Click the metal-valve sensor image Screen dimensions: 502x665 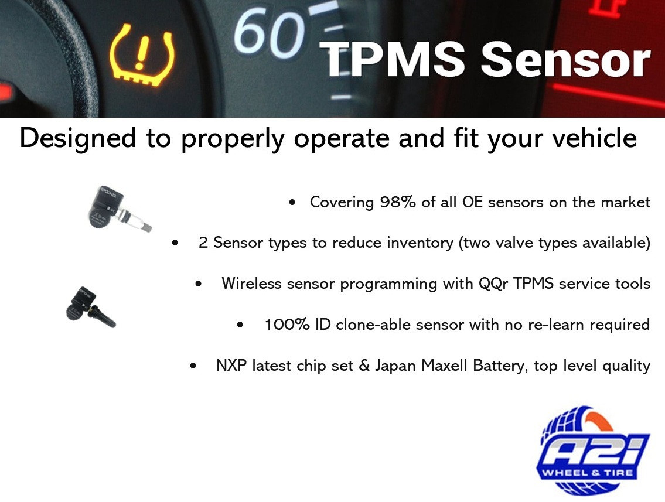pyautogui.click(x=115, y=210)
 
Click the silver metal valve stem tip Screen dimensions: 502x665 pyautogui.click(x=144, y=226)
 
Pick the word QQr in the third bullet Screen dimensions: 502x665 pyautogui.click(x=490, y=284)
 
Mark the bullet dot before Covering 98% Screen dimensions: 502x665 pyautogui.click(x=292, y=203)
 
